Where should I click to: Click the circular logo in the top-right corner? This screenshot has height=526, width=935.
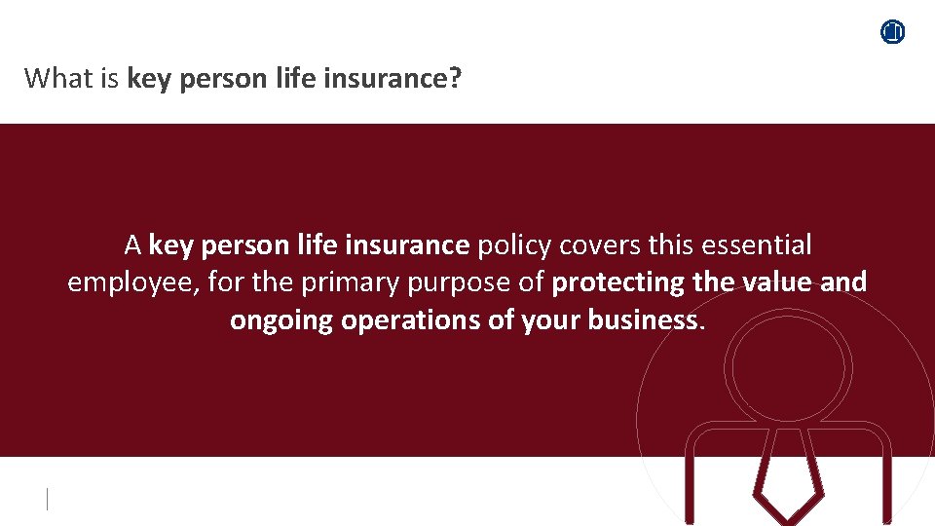click(893, 32)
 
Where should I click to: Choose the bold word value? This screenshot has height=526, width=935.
click(773, 282)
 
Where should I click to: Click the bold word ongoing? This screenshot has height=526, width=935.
click(281, 319)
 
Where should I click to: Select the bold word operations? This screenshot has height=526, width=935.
click(411, 319)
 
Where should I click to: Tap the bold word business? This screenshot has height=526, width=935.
click(643, 319)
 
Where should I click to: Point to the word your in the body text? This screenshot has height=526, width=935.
click(550, 319)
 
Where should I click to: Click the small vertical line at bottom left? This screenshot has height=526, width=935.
click(47, 500)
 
